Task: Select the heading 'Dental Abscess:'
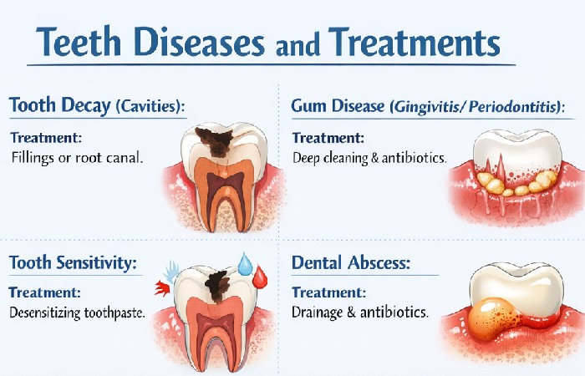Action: point(351,263)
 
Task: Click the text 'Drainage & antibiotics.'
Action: point(359,312)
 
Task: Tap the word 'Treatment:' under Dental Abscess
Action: point(328,293)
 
